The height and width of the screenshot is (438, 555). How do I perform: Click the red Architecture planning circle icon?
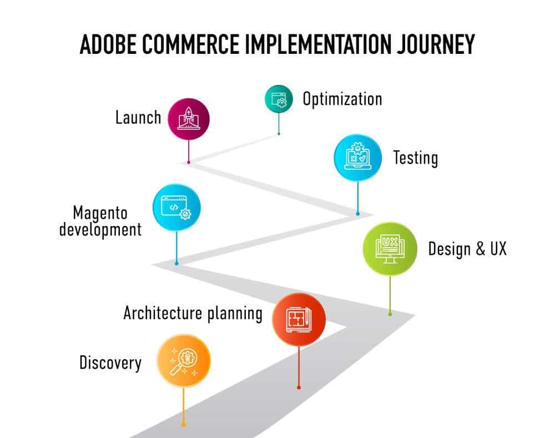299,320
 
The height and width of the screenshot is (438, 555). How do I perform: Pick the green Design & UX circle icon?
390,249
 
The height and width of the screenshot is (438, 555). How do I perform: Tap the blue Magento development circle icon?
176,208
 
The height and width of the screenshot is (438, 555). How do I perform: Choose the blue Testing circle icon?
358,157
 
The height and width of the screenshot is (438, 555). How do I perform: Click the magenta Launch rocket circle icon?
189,118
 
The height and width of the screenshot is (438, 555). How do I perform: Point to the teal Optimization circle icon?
279,99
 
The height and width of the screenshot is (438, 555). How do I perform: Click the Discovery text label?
110,363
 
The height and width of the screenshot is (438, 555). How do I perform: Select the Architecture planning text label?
193,313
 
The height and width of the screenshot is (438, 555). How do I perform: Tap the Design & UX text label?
467,249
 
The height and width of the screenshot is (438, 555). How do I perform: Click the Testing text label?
416,158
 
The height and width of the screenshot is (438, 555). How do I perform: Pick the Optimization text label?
342,99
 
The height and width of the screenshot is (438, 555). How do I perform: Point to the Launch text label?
138,118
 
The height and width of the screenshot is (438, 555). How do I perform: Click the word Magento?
100,213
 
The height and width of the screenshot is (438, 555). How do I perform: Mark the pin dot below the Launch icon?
189,162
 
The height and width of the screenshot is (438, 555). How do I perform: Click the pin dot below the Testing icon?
358,213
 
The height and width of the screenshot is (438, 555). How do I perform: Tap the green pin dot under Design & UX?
390,314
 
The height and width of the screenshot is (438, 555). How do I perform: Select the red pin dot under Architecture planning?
299,387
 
